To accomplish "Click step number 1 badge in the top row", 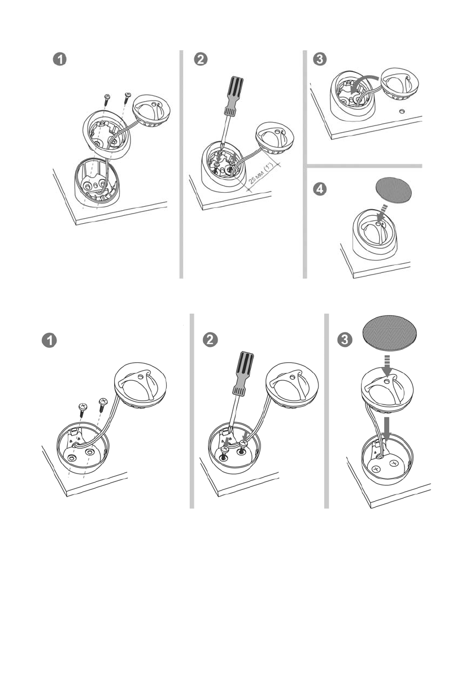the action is pyautogui.click(x=60, y=59).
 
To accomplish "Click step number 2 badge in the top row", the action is pyautogui.click(x=201, y=59).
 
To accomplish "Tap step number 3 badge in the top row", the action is pyautogui.click(x=320, y=59).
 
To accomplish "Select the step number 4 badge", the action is pyautogui.click(x=320, y=189).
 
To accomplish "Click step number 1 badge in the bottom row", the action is pyautogui.click(x=49, y=340).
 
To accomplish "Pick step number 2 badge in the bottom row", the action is pyautogui.click(x=210, y=340).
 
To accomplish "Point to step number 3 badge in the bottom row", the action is pyautogui.click(x=345, y=340).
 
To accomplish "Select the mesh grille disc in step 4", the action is pyautogui.click(x=393, y=190).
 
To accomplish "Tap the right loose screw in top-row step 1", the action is pyautogui.click(x=127, y=98).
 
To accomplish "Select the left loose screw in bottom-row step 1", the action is pyautogui.click(x=82, y=410).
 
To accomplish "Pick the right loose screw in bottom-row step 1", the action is pyautogui.click(x=102, y=405).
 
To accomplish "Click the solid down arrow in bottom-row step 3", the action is pyautogui.click(x=388, y=428).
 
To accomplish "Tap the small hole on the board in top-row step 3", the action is pyautogui.click(x=402, y=111).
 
